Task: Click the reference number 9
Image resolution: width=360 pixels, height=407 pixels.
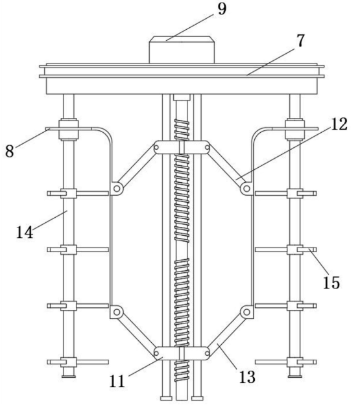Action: pos(222,9)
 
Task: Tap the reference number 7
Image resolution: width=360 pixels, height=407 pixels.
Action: pos(300,40)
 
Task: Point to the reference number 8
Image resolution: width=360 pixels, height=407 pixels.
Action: pos(10,151)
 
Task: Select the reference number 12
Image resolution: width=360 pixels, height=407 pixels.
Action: pos(339,124)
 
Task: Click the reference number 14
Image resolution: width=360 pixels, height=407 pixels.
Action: pos(25,232)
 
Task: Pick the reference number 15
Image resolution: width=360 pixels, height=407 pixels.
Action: pos(331,283)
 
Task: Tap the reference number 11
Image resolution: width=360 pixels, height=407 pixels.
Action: pos(117,381)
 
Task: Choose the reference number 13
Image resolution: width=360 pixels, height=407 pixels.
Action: pos(247,377)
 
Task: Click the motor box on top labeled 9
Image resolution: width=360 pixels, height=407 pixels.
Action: pos(182,50)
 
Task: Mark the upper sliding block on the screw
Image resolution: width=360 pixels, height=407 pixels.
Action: pos(182,147)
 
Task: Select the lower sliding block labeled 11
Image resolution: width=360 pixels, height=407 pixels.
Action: pos(182,353)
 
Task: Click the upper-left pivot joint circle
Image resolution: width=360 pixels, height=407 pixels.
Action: pos(117,188)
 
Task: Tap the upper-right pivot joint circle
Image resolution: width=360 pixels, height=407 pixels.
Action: pos(246,188)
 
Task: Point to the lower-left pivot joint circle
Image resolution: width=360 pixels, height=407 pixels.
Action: pos(117,312)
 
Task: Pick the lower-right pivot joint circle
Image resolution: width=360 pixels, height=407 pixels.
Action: pos(246,312)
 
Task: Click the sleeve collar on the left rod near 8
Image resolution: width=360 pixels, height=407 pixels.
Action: pos(69,129)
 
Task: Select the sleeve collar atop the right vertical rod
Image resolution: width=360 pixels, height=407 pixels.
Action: pos(294,129)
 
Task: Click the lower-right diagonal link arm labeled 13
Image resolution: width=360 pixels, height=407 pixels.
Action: pos(227,332)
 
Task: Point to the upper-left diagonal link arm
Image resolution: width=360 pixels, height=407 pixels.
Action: pos(136,168)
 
